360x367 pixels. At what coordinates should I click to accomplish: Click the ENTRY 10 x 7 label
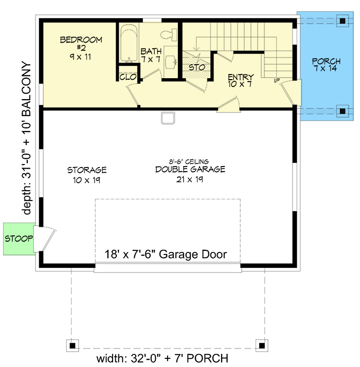[x=241, y=81]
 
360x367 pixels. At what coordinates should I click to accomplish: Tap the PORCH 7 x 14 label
[x=326, y=65]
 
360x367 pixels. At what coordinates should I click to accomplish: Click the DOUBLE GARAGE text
[x=190, y=170]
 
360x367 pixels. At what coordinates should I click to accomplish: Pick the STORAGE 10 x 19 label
[x=86, y=174]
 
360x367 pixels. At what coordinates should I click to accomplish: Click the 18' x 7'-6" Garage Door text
[x=166, y=254]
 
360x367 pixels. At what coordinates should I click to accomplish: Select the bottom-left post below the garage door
[x=73, y=345]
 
